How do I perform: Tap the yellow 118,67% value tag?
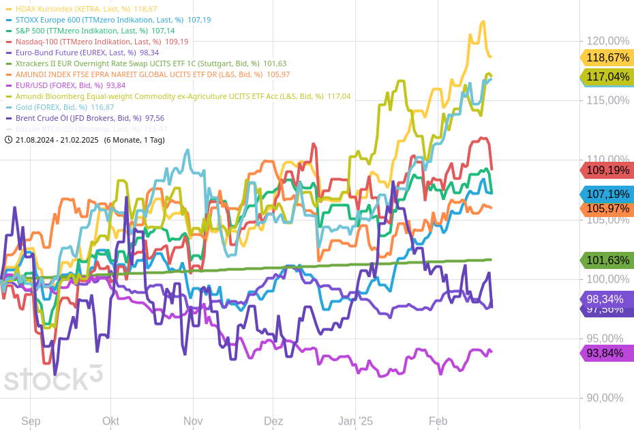point(607,58)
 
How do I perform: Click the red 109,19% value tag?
point(607,170)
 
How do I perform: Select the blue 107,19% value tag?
point(607,195)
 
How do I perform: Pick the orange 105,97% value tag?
point(607,209)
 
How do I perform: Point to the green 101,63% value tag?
point(607,260)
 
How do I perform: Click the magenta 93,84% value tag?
point(607,353)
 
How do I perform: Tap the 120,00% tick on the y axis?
point(608,41)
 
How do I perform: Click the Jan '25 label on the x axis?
point(356,421)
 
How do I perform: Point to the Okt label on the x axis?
point(110,421)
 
